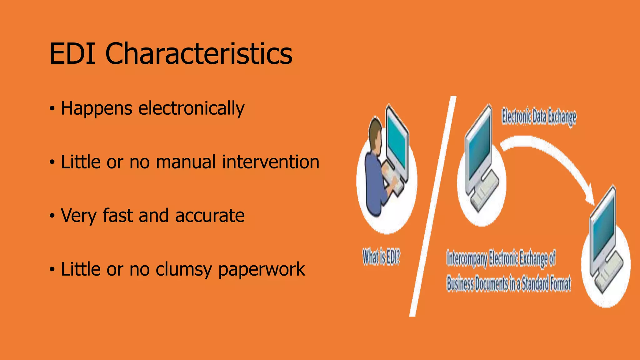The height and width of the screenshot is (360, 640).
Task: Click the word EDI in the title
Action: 72,54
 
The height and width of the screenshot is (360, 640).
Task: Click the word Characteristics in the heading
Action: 199,54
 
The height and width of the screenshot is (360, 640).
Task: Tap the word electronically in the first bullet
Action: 191,109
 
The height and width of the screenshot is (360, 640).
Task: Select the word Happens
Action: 97,109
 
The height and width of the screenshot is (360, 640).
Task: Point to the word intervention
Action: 271,162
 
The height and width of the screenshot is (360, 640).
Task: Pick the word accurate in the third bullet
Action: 210,216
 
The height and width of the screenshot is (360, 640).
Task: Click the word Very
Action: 79,216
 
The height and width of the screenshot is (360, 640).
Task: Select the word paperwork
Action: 261,269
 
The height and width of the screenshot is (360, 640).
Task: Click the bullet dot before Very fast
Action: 52,216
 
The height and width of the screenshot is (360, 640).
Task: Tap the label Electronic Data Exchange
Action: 539,117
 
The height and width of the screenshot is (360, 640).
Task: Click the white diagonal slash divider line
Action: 433,206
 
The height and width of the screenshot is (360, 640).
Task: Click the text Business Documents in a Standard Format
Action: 508,284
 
